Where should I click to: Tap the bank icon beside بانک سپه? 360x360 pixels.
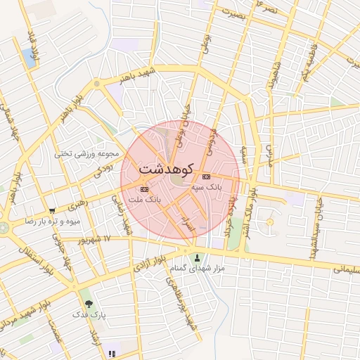click(x=205, y=176)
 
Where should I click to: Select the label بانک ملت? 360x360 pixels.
click(x=146, y=200)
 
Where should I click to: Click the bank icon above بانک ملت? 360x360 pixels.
click(x=144, y=189)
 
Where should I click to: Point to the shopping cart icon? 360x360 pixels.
click(x=52, y=210)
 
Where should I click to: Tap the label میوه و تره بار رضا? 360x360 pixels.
click(x=56, y=221)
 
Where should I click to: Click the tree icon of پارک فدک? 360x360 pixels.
click(x=89, y=304)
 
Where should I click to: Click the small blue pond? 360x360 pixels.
click(x=30, y=56)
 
